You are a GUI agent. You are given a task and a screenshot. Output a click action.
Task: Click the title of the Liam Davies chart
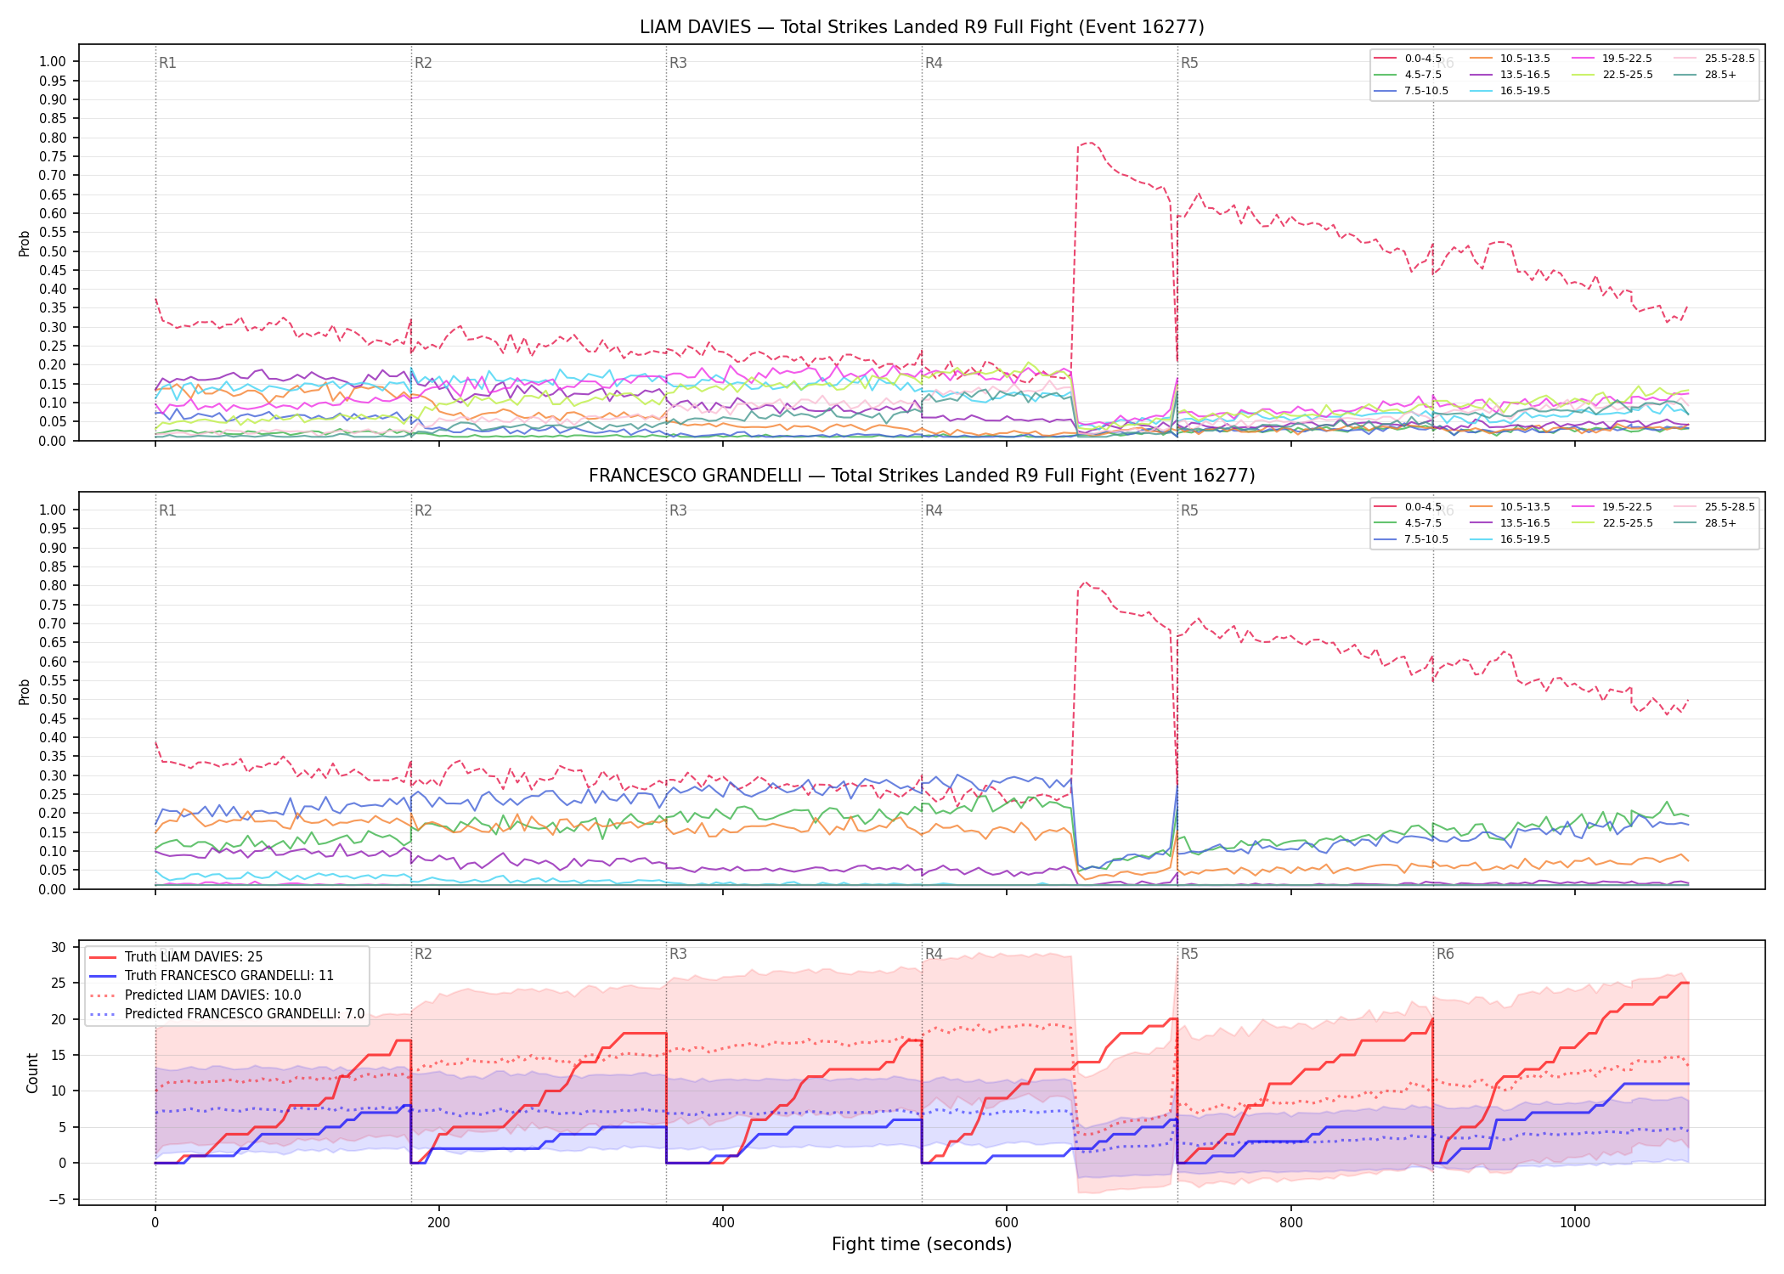coord(922,27)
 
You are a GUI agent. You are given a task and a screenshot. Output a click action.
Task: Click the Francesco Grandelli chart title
coord(922,476)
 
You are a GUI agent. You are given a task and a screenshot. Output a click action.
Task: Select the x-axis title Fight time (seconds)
coord(922,1244)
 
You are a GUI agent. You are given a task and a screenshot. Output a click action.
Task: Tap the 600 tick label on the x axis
coord(1007,1223)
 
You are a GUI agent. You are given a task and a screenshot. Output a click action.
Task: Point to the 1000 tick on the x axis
coord(1574,1223)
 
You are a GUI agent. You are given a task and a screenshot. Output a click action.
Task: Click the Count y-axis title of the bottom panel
coord(32,1073)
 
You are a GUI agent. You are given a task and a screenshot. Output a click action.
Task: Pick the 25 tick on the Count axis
coord(58,984)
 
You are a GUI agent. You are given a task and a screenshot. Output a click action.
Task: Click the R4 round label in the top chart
coord(934,63)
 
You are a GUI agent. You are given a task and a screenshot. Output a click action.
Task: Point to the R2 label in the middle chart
coord(423,510)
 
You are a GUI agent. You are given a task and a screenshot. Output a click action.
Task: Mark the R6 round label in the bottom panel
coord(1445,954)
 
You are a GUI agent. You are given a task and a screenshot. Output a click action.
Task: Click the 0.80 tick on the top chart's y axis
coord(53,138)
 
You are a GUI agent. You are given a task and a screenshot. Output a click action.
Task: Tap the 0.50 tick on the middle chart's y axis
coord(53,700)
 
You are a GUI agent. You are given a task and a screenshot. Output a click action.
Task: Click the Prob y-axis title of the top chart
coord(25,243)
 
